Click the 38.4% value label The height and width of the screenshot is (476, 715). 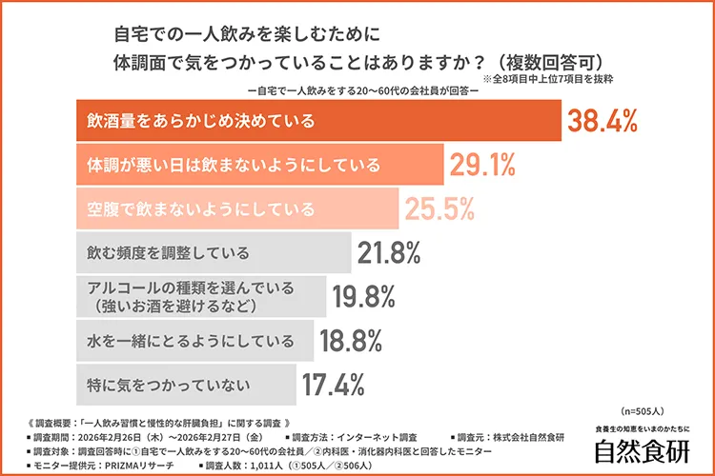click(603, 122)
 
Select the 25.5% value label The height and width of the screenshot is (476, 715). click(441, 208)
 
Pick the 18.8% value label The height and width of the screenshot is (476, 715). click(351, 341)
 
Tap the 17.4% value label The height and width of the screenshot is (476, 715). click(335, 385)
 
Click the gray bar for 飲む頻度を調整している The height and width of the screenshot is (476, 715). click(211, 253)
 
